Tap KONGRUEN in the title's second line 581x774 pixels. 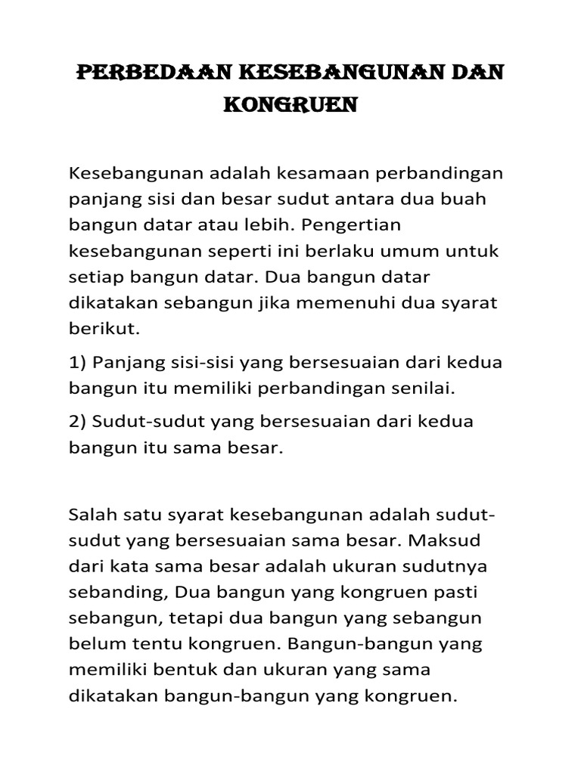tap(290, 106)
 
